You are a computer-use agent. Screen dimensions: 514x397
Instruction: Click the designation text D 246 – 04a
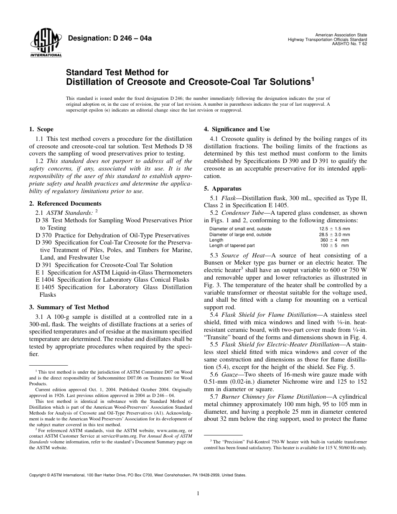pos(109,39)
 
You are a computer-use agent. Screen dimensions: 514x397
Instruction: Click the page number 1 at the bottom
pos(198,494)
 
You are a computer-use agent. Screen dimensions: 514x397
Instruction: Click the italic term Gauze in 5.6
pos(230,374)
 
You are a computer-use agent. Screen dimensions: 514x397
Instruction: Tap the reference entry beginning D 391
pos(104,265)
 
